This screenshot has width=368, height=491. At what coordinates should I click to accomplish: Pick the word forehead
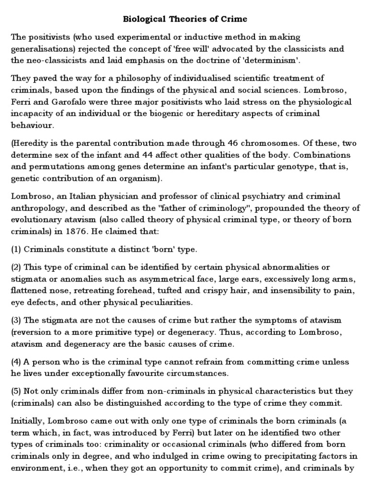(x=146, y=290)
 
